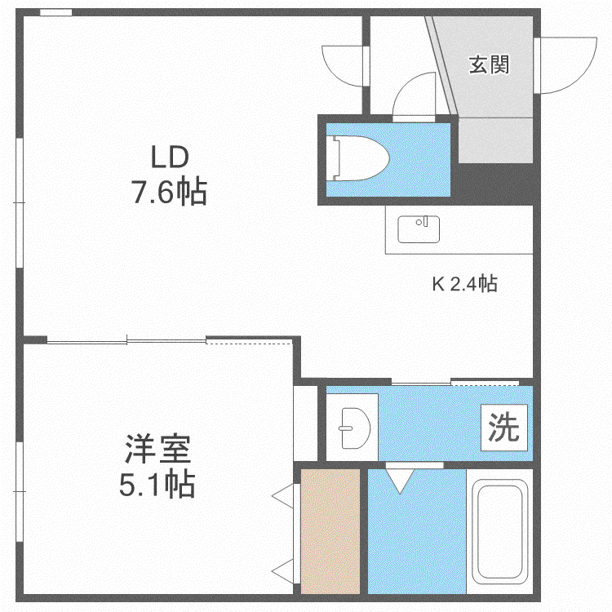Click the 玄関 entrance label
tap(489, 64)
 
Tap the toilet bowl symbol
tap(360, 158)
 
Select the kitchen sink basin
tap(419, 229)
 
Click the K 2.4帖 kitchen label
tap(465, 283)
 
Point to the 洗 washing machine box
tap(504, 428)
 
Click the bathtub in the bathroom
tap(499, 531)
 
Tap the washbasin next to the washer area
tap(355, 428)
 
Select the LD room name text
tap(170, 157)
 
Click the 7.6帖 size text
tap(169, 192)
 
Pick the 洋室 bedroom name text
tap(157, 449)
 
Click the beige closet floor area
tap(330, 531)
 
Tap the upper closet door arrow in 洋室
tap(282, 496)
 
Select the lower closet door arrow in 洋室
tap(282, 571)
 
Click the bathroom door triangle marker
tap(400, 481)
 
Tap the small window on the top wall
tap(55, 12)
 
